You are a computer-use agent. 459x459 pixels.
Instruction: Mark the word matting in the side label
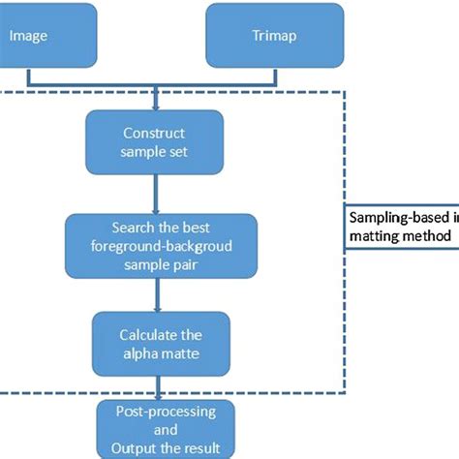(373, 235)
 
